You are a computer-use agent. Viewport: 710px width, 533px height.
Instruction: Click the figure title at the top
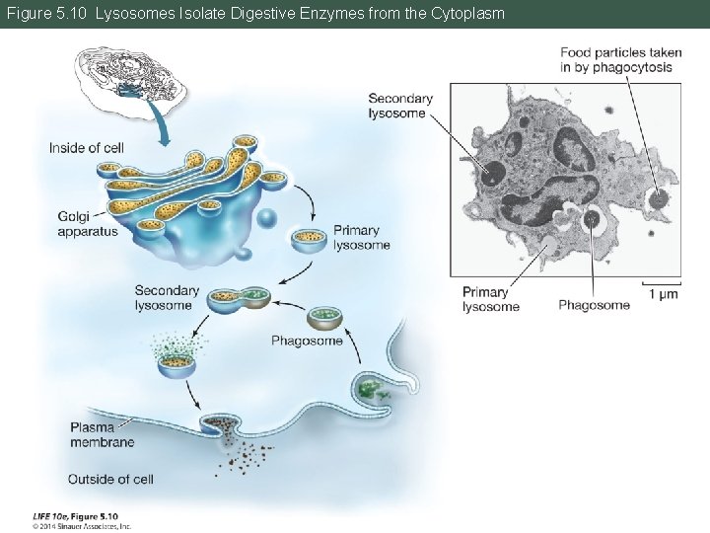click(x=255, y=14)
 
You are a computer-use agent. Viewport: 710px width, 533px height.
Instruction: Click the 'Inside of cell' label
click(x=87, y=148)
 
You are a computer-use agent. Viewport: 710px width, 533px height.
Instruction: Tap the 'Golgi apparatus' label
click(x=87, y=224)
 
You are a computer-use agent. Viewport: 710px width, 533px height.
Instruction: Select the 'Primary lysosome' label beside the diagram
click(x=361, y=238)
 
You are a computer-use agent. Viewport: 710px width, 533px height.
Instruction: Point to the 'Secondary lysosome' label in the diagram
click(x=167, y=298)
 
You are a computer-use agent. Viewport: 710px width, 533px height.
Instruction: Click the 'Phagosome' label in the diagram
click(x=307, y=342)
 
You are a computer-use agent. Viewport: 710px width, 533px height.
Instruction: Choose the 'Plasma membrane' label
click(x=102, y=435)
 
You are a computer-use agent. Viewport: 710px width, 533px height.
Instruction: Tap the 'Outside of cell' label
click(x=110, y=480)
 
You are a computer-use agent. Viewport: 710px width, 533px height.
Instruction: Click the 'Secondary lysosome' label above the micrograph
click(x=400, y=106)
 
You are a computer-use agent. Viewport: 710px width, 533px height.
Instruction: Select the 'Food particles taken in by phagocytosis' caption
click(x=616, y=60)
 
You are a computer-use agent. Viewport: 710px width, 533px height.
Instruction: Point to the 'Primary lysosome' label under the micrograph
click(x=490, y=299)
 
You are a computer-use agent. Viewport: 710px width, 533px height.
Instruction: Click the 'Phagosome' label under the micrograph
click(x=594, y=305)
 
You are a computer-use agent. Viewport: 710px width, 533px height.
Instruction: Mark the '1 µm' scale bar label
click(x=662, y=294)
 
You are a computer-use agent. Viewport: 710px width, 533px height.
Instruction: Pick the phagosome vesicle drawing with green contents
click(x=324, y=319)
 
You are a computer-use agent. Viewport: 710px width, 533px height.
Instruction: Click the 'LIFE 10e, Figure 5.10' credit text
click(x=75, y=515)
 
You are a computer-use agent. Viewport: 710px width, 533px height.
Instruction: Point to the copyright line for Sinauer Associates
click(x=81, y=526)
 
